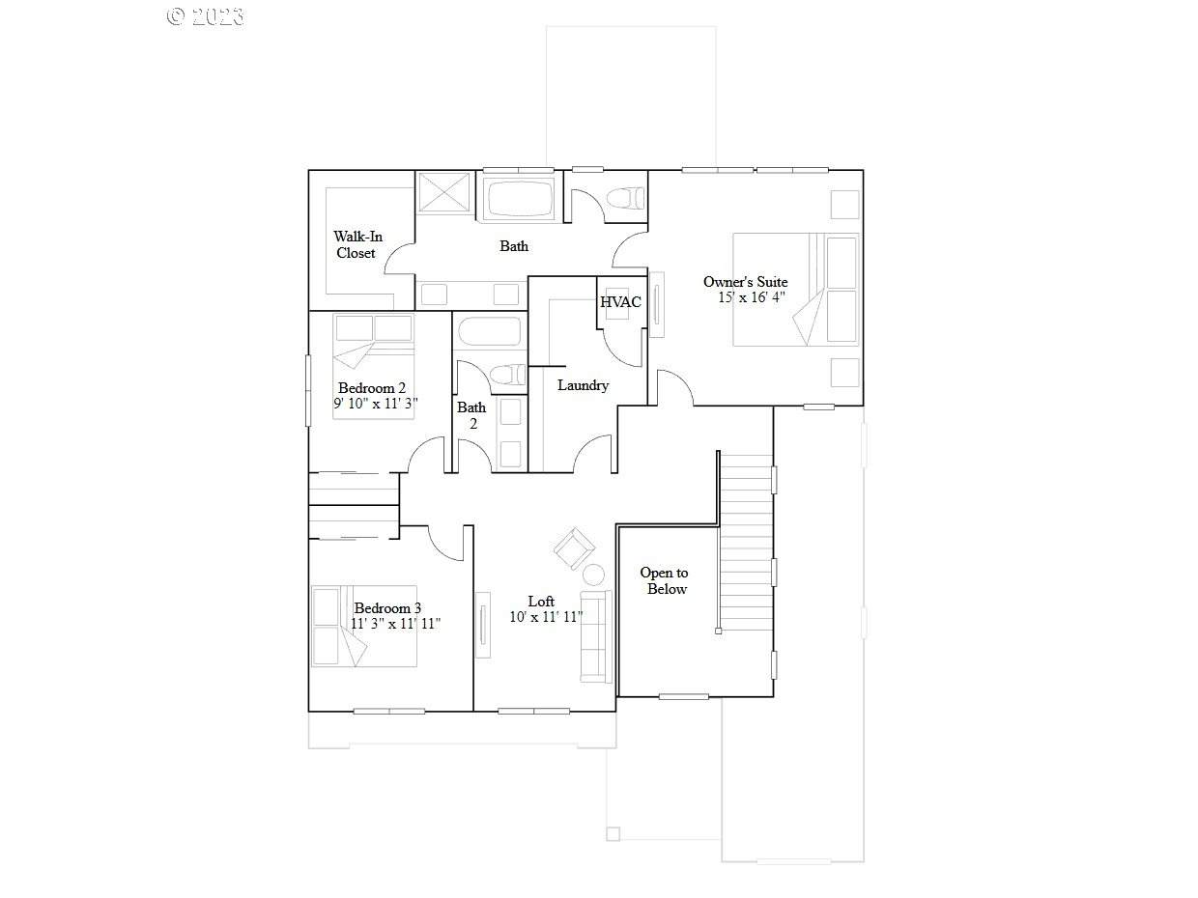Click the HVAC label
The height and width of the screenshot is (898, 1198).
click(x=620, y=302)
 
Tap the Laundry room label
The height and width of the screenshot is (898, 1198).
click(x=583, y=385)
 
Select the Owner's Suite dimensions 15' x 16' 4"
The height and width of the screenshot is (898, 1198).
click(x=752, y=297)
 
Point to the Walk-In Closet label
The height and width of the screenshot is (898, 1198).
click(x=357, y=245)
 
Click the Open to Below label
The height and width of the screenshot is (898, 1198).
click(x=665, y=580)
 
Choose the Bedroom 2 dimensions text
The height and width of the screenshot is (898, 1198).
click(x=376, y=404)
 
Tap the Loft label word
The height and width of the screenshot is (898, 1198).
click(x=541, y=602)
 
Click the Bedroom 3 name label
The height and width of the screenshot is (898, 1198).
click(x=387, y=608)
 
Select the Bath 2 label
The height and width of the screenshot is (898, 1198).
click(x=471, y=415)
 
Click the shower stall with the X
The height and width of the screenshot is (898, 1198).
click(x=443, y=192)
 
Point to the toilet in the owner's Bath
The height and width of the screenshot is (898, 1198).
click(x=625, y=199)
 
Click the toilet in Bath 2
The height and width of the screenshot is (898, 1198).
click(x=507, y=375)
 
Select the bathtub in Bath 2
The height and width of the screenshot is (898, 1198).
click(x=489, y=331)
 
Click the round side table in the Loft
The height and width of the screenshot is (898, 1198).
click(x=593, y=575)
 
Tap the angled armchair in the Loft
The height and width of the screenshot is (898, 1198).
click(x=575, y=548)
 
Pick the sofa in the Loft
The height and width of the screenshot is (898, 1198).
click(x=596, y=636)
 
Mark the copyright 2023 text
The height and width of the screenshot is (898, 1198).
click(x=205, y=17)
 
